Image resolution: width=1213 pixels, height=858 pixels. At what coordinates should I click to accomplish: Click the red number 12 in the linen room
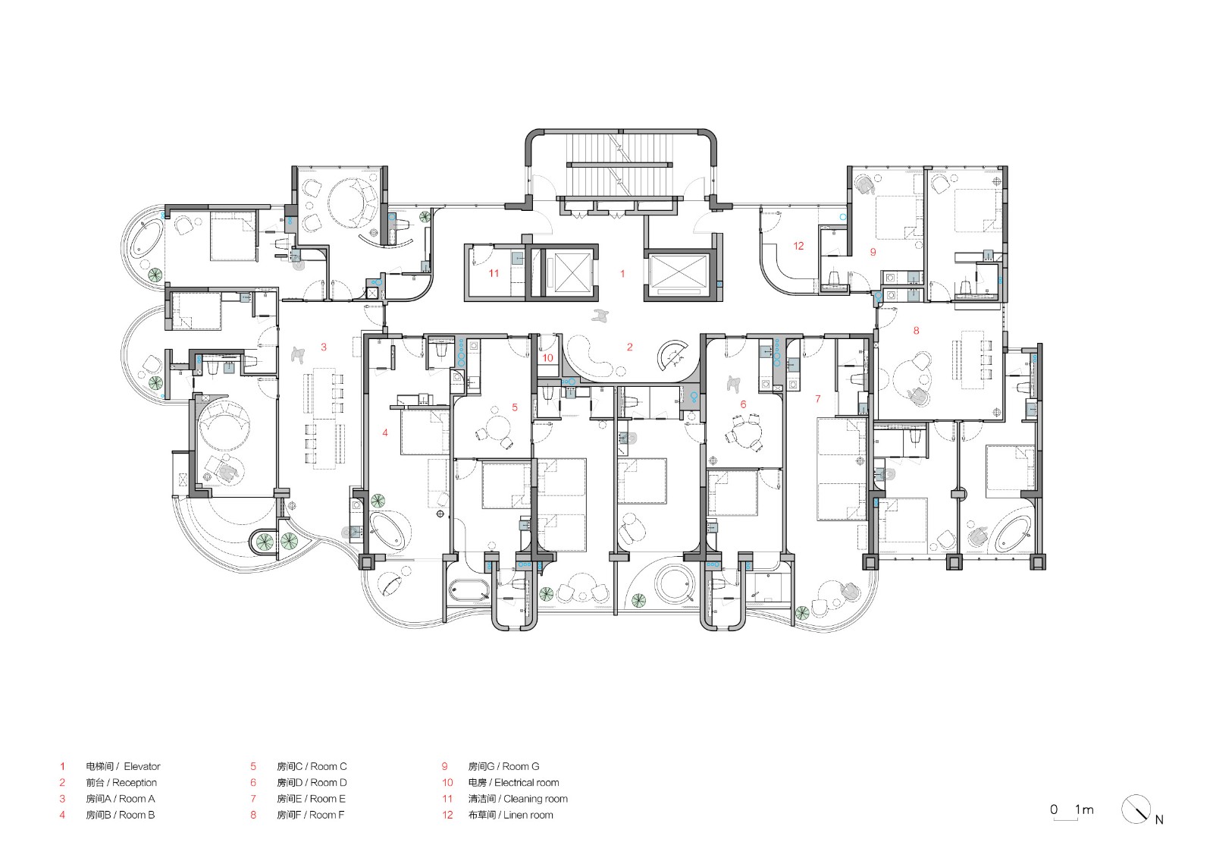(798, 246)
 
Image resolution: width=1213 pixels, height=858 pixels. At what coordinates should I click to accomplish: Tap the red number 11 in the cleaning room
(494, 273)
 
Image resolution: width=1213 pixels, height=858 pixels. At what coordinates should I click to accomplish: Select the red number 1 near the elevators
(622, 274)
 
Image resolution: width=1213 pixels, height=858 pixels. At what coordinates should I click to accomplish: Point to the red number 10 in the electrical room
(547, 358)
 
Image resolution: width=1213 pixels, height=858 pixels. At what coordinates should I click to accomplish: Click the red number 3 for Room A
(324, 347)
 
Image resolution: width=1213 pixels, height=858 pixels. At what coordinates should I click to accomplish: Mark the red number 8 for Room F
(916, 331)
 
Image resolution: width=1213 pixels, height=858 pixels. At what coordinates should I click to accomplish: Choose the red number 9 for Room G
(873, 252)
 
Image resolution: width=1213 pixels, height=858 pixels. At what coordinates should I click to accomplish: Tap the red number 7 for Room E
(817, 399)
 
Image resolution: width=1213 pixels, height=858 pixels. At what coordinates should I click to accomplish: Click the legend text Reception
(134, 783)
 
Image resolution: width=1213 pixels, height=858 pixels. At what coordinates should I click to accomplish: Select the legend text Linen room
(528, 816)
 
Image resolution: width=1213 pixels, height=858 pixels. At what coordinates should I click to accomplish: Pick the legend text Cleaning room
(535, 799)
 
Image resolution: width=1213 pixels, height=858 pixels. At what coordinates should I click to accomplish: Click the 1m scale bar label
(1083, 809)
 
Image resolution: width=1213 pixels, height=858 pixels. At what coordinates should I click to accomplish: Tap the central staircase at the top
(619, 165)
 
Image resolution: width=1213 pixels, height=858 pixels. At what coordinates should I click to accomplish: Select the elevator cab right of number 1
(679, 272)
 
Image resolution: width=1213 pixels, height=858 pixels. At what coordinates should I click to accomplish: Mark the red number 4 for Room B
(385, 433)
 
